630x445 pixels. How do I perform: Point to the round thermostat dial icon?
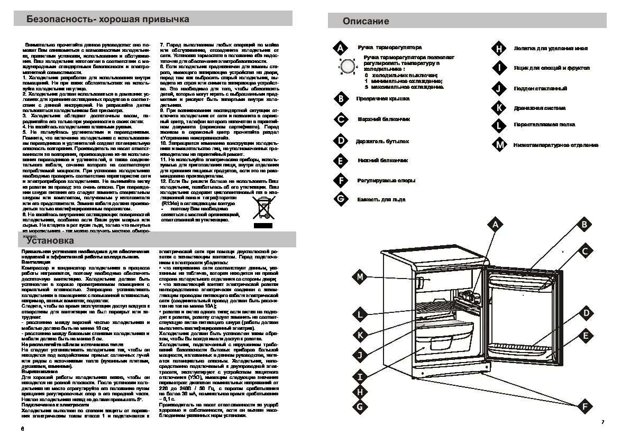point(347,67)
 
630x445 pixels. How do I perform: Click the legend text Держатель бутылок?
point(383,142)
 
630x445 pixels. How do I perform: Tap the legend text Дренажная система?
point(540,108)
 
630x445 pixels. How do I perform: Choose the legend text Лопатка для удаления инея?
point(550,48)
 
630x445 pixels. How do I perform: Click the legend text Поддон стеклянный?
point(540,89)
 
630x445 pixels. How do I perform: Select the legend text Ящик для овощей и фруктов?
point(551,68)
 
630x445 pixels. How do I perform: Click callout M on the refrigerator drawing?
point(360,276)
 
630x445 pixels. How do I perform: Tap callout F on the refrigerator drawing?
point(585,406)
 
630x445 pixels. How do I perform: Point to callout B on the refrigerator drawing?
point(585,225)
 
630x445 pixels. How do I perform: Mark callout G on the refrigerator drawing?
point(360,406)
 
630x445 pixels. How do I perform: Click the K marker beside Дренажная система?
point(498,108)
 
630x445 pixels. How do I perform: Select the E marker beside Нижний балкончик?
point(341,161)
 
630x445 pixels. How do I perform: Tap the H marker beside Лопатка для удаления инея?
point(498,49)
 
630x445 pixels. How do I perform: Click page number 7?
point(602,422)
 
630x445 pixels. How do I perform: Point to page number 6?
point(23,428)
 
